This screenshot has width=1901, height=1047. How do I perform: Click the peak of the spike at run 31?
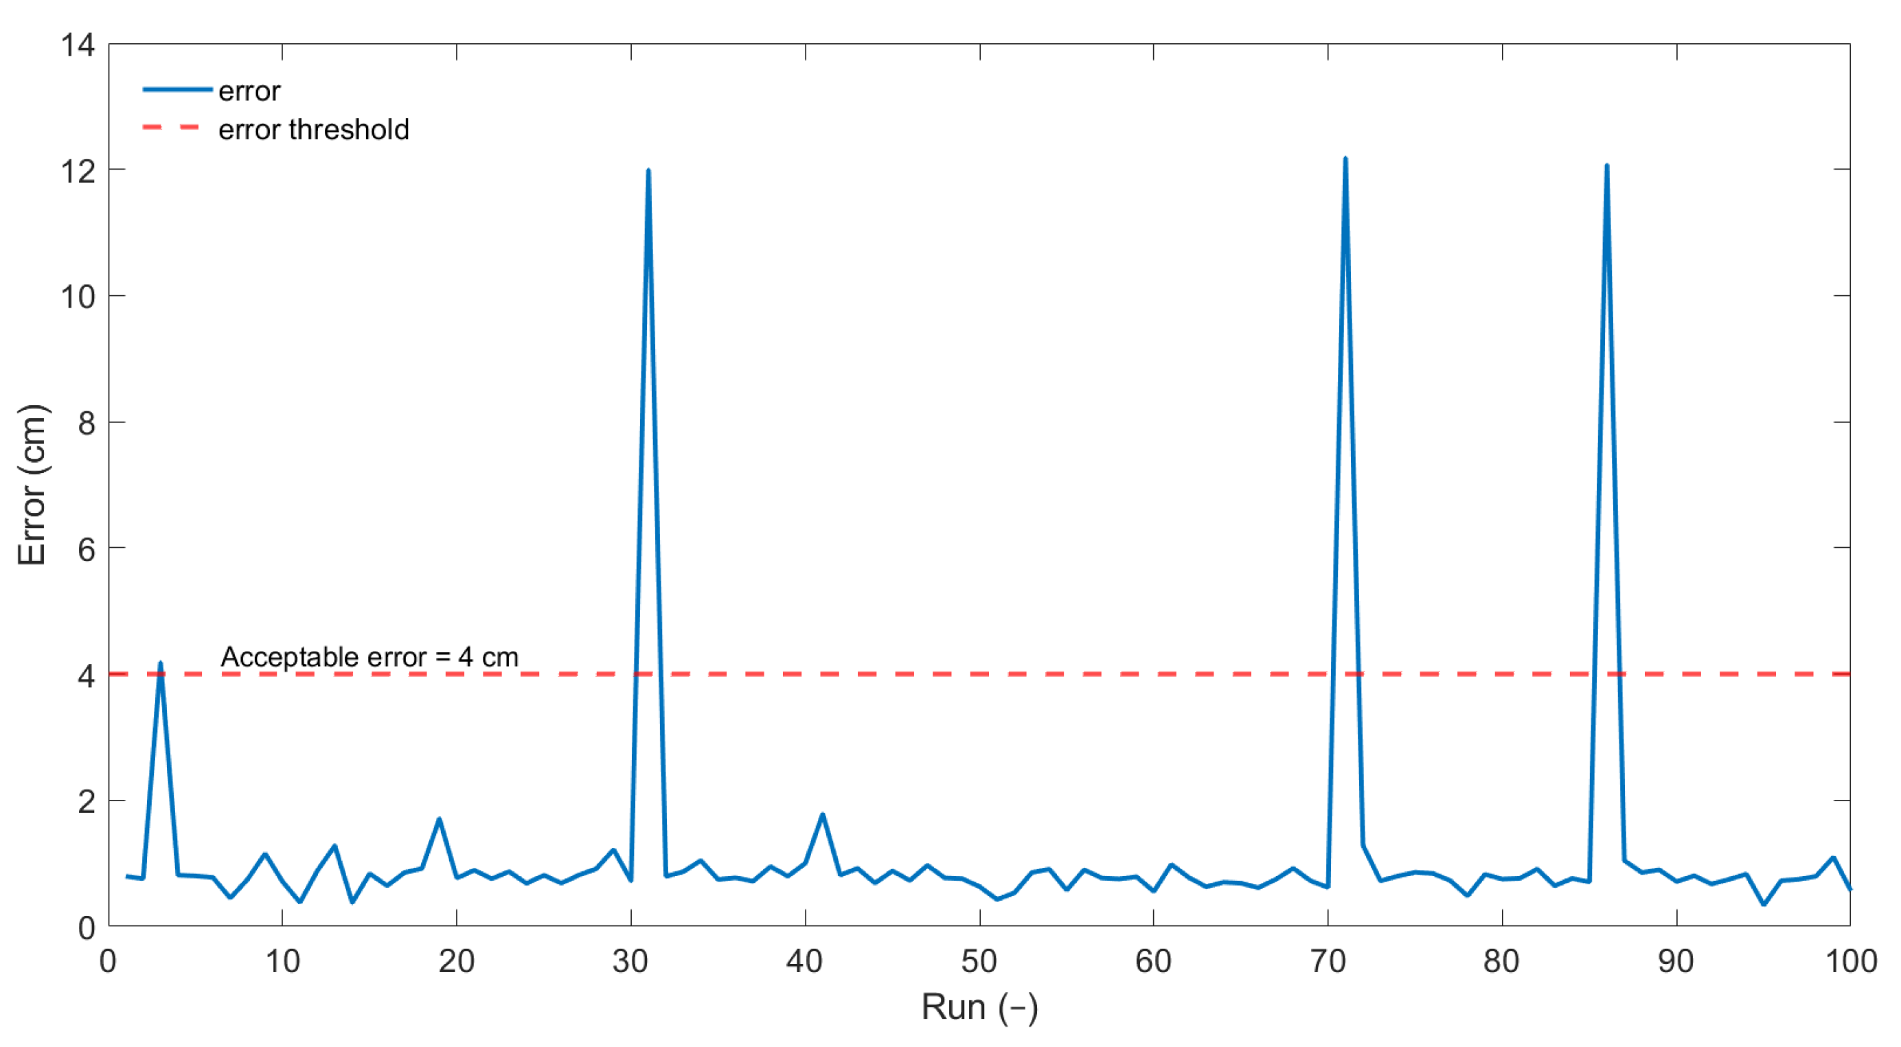click(648, 171)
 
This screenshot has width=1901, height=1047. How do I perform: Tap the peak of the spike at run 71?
click(1345, 159)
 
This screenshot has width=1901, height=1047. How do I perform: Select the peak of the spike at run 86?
click(1606, 166)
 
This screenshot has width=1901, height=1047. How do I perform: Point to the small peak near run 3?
click(160, 663)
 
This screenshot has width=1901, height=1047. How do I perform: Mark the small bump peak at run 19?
click(439, 819)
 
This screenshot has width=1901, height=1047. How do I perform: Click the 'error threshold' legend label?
click(314, 130)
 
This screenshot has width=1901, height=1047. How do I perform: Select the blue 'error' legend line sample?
click(177, 90)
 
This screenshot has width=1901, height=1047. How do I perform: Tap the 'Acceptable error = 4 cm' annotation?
click(369, 656)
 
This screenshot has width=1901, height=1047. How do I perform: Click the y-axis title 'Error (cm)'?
click(32, 485)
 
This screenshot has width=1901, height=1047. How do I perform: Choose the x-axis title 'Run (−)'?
click(979, 1007)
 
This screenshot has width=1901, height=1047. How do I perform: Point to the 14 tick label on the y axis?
click(78, 46)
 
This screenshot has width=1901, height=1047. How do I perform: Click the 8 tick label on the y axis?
click(87, 424)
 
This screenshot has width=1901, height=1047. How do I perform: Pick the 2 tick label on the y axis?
click(87, 802)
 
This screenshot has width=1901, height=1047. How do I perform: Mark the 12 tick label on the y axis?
click(78, 172)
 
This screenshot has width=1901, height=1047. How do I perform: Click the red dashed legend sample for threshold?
click(171, 128)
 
